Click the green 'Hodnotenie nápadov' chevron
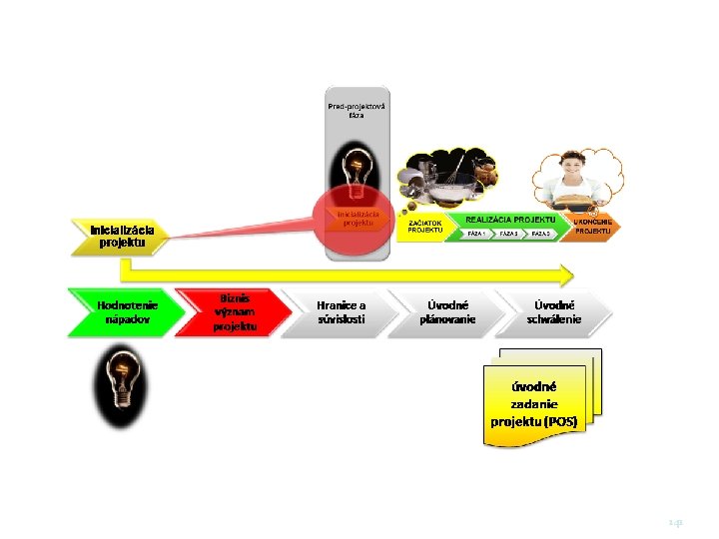click(x=125, y=311)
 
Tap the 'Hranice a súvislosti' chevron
click(x=341, y=311)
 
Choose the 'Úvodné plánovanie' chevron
click(x=446, y=311)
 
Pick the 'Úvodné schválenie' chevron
click(x=554, y=311)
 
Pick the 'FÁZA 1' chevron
click(x=477, y=234)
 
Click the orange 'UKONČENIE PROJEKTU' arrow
click(x=594, y=226)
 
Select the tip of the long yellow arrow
click(x=570, y=272)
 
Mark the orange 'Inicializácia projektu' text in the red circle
click(x=358, y=218)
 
